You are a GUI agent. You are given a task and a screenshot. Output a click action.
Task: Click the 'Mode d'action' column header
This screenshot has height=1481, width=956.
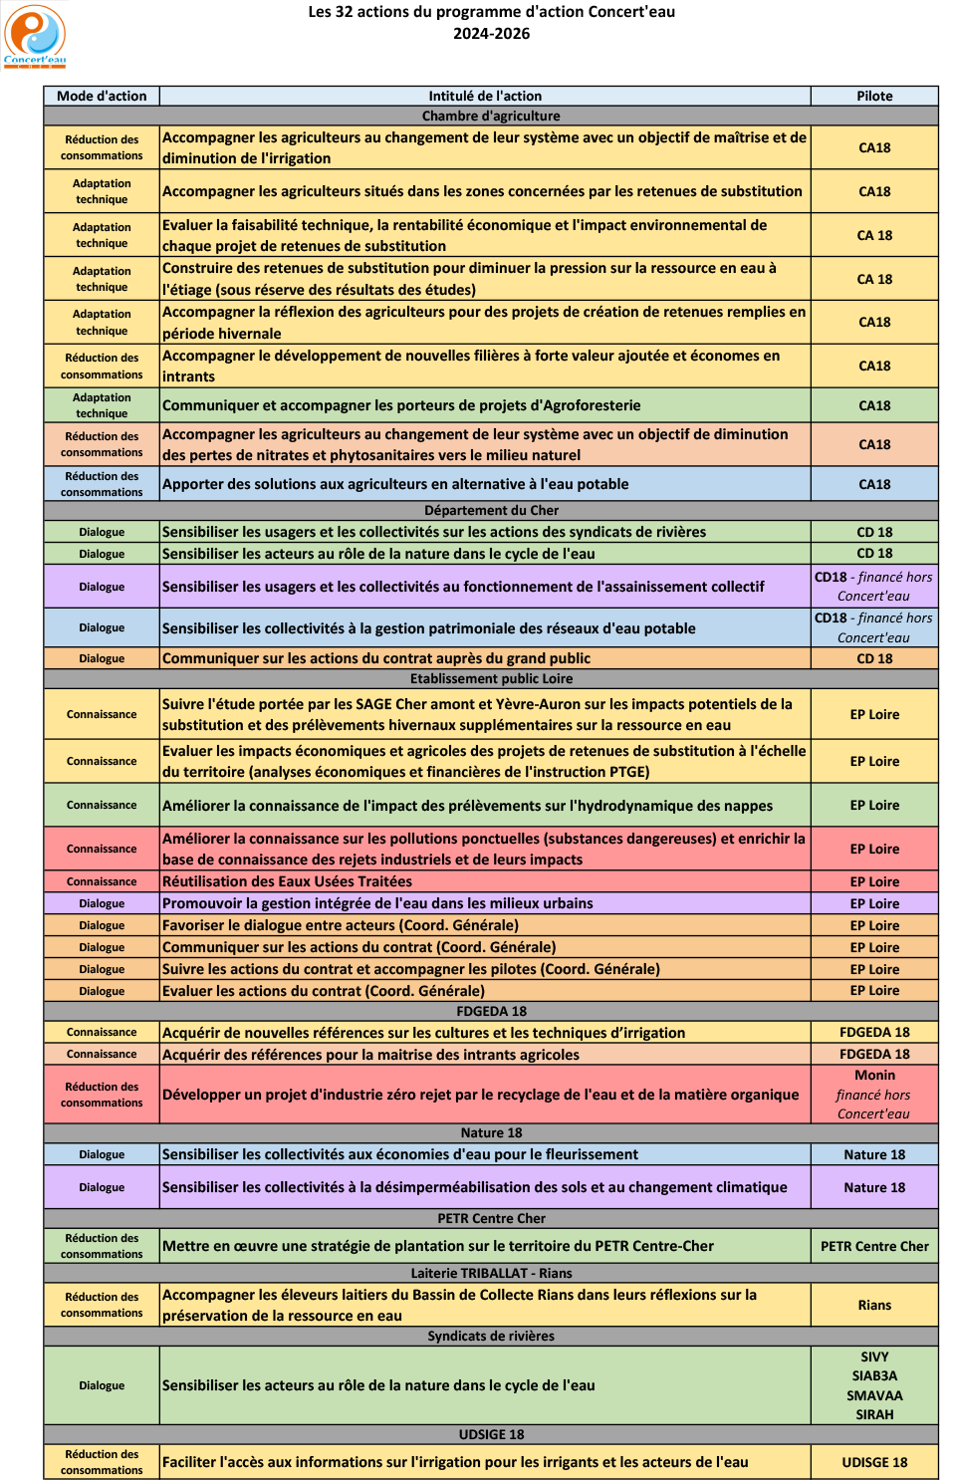[102, 96]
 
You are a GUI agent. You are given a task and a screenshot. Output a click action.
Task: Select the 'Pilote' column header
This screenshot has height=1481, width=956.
[874, 96]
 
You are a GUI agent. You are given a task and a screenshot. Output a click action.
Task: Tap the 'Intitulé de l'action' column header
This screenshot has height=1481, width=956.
[485, 96]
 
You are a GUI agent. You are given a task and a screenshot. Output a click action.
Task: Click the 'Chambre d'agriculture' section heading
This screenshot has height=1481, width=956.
[491, 116]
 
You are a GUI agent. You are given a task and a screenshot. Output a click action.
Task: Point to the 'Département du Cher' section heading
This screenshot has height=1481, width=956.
[491, 510]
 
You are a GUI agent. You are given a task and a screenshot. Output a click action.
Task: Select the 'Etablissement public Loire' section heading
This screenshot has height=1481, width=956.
[491, 678]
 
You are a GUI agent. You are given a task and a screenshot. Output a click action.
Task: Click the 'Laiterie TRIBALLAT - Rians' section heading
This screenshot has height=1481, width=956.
[491, 1273]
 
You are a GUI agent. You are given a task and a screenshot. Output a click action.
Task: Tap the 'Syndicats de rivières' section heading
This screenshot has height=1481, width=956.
[491, 1336]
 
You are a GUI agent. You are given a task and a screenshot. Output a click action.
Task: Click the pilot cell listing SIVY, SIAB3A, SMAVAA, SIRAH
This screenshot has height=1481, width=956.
[874, 1385]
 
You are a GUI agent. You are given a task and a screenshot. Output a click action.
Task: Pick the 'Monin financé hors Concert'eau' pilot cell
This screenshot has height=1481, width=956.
[874, 1095]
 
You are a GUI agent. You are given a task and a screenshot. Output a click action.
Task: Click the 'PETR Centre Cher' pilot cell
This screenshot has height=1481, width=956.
[874, 1246]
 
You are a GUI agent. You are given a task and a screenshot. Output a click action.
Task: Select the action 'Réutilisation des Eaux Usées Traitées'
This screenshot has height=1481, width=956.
[287, 881]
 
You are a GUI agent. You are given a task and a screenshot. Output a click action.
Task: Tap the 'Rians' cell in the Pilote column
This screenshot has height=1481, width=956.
[874, 1305]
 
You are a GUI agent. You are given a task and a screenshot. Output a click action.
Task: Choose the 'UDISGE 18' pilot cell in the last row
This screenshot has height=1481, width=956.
[874, 1462]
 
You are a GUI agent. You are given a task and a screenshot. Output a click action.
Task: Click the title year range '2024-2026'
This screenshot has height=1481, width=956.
[491, 33]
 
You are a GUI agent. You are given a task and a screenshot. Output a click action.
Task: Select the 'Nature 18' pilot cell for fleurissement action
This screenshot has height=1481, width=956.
[874, 1154]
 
